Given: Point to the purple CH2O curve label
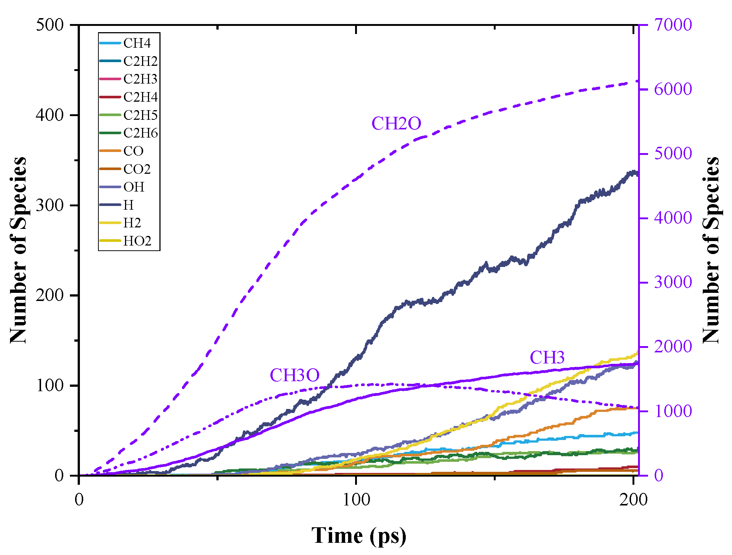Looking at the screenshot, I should pyautogui.click(x=396, y=123).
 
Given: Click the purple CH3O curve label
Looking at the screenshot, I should pyautogui.click(x=294, y=375).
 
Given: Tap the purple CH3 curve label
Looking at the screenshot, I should pyautogui.click(x=547, y=358).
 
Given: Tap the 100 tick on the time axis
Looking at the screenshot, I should pyautogui.click(x=356, y=500).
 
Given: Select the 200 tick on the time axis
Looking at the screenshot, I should pyautogui.click(x=633, y=500).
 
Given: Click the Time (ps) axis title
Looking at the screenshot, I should pyautogui.click(x=358, y=535).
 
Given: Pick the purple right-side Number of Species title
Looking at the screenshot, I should pyautogui.click(x=711, y=250).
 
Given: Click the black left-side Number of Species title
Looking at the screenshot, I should pyautogui.click(x=18, y=250).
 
